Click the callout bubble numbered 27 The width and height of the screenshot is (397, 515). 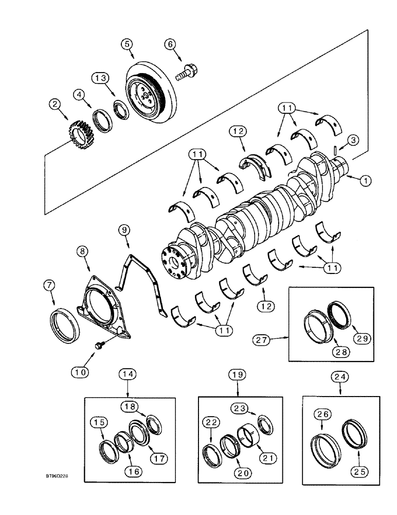pos(263,339)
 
